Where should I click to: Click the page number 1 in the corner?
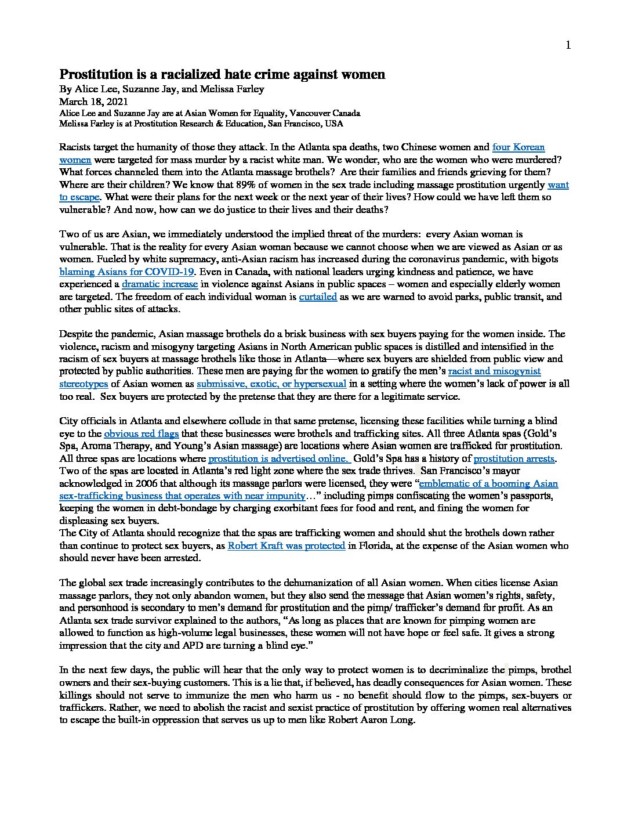[x=568, y=45]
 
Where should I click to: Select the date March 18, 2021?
[x=86, y=102]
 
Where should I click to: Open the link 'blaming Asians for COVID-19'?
[x=128, y=272]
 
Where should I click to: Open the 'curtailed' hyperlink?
[x=318, y=297]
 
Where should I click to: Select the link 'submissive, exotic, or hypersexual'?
[x=271, y=384]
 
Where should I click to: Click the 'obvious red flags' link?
[x=142, y=433]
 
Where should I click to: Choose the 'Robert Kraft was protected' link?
[x=287, y=545]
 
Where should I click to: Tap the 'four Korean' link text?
[x=518, y=147]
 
